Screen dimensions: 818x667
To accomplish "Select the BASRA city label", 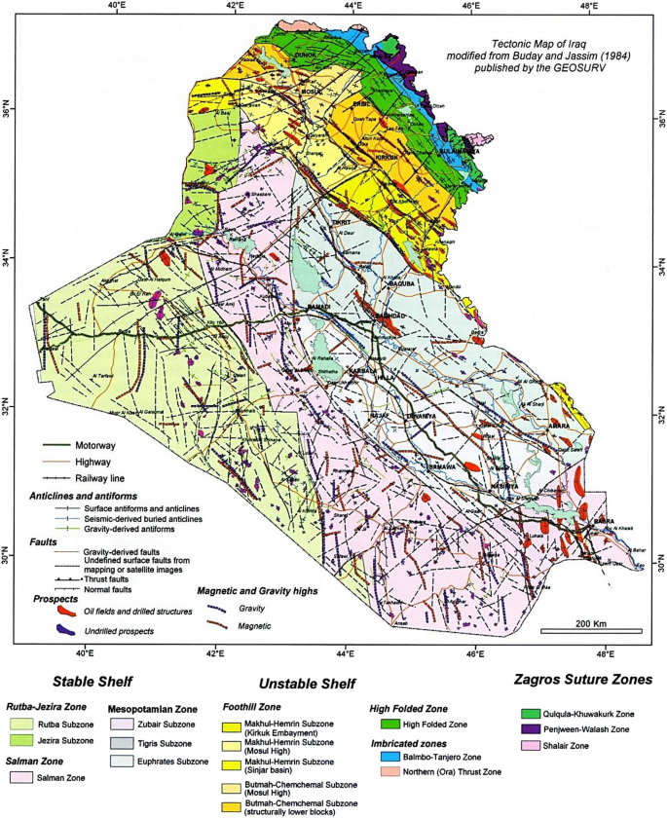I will point(605,520).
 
